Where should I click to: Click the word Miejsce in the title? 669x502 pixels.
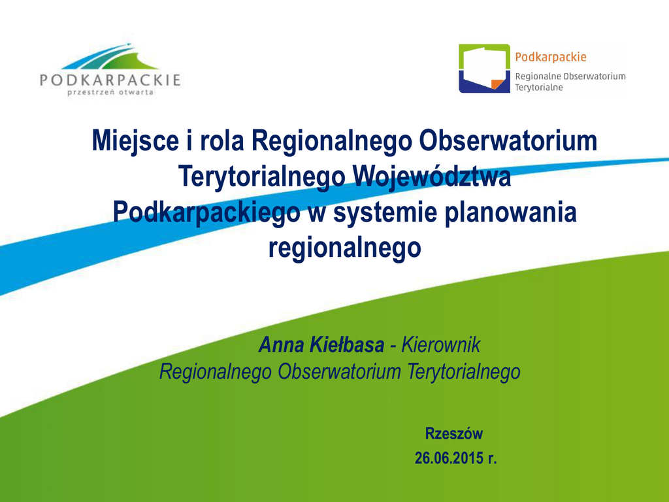(135, 141)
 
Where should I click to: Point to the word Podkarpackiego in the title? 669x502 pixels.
(206, 212)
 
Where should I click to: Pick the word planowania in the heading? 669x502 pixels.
(511, 212)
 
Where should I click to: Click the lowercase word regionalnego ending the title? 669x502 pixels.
(345, 248)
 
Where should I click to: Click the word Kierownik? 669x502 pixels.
(441, 345)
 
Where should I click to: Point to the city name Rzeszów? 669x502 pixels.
(454, 434)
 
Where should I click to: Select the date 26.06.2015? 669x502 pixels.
(449, 458)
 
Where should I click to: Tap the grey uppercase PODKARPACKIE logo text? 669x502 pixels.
(110, 80)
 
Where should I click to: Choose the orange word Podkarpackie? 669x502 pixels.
(551, 58)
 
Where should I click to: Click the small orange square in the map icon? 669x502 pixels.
(497, 84)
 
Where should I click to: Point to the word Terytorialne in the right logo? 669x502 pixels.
(539, 88)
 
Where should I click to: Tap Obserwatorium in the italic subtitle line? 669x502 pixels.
(339, 371)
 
